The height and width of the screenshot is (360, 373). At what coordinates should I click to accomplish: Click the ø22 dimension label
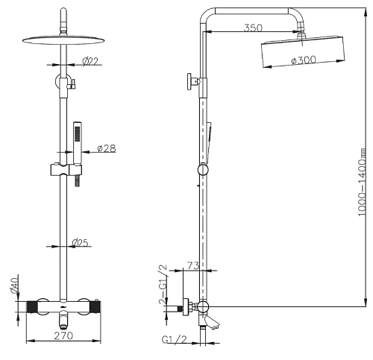pos(90,61)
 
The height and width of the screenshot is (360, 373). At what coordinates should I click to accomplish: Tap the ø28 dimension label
pos(107,148)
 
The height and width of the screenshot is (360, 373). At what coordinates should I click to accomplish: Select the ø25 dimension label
pos(80,242)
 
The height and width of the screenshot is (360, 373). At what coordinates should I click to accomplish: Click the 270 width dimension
pos(63,336)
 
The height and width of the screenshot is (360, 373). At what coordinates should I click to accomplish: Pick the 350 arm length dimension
pos(253,28)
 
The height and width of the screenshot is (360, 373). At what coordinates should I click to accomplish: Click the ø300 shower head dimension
pos(304,60)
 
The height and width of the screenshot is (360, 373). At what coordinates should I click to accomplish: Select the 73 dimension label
pos(193,266)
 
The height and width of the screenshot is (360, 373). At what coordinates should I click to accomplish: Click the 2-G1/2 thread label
pos(163,285)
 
